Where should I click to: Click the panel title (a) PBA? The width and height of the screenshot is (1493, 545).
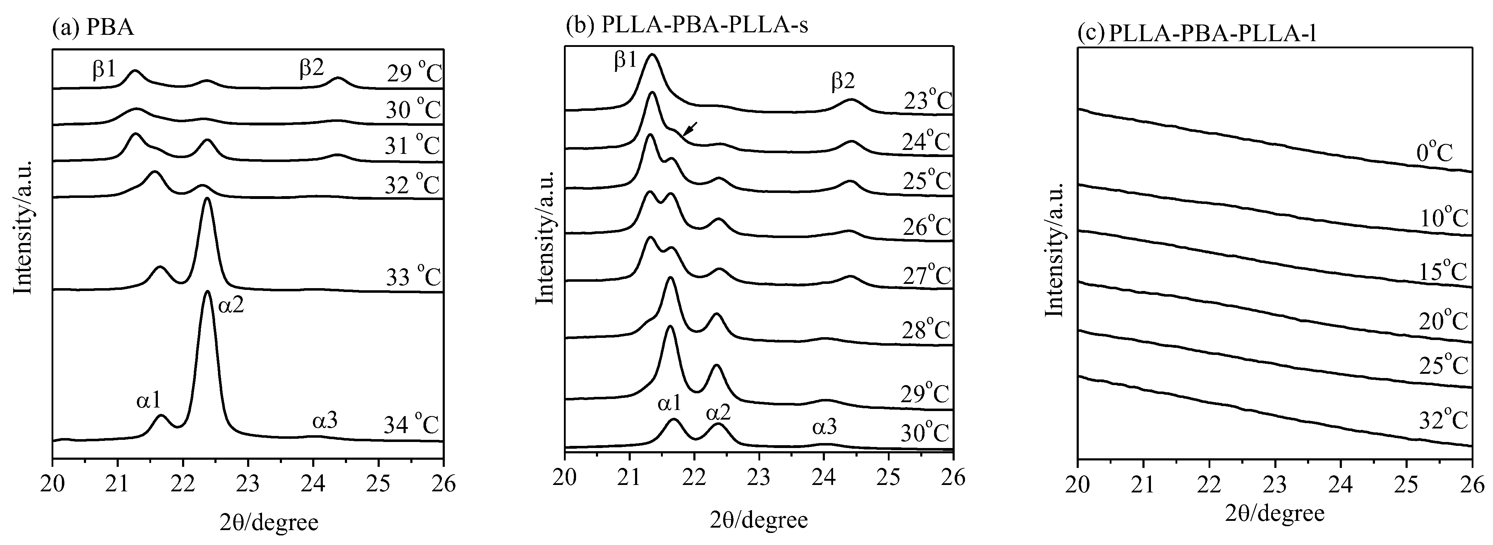(x=93, y=27)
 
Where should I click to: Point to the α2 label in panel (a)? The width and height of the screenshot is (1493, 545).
(x=231, y=304)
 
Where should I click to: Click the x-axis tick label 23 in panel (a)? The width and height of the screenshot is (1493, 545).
(x=248, y=483)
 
